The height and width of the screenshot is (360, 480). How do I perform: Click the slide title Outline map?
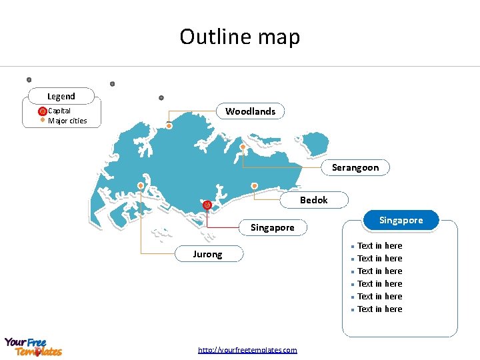tap(240, 37)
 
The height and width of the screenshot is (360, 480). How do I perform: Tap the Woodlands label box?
tap(250, 111)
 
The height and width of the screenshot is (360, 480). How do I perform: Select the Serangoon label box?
tap(355, 167)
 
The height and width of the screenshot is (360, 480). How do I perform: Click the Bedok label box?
tap(313, 200)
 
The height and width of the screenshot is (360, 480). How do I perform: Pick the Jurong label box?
tap(207, 254)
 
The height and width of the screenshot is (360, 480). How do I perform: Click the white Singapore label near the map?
tap(272, 227)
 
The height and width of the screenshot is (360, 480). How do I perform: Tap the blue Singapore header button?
tap(401, 220)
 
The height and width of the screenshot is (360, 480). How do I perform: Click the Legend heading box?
tap(61, 96)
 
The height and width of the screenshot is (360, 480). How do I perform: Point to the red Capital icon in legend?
tap(43, 111)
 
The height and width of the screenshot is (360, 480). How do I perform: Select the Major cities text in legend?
tap(67, 121)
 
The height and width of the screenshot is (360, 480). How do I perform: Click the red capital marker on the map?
tap(207, 205)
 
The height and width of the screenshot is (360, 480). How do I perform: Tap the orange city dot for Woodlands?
tap(169, 125)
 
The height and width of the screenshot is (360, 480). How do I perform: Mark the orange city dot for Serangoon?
tap(243, 147)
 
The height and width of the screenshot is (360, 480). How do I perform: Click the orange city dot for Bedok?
tap(254, 186)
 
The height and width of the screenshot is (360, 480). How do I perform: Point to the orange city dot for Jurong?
tap(141, 185)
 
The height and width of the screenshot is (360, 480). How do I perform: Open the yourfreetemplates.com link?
tap(247, 350)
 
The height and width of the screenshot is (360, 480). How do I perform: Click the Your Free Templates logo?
tap(33, 347)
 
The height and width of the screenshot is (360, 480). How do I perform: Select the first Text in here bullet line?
tap(379, 246)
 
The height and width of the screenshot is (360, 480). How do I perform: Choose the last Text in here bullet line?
tap(379, 309)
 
